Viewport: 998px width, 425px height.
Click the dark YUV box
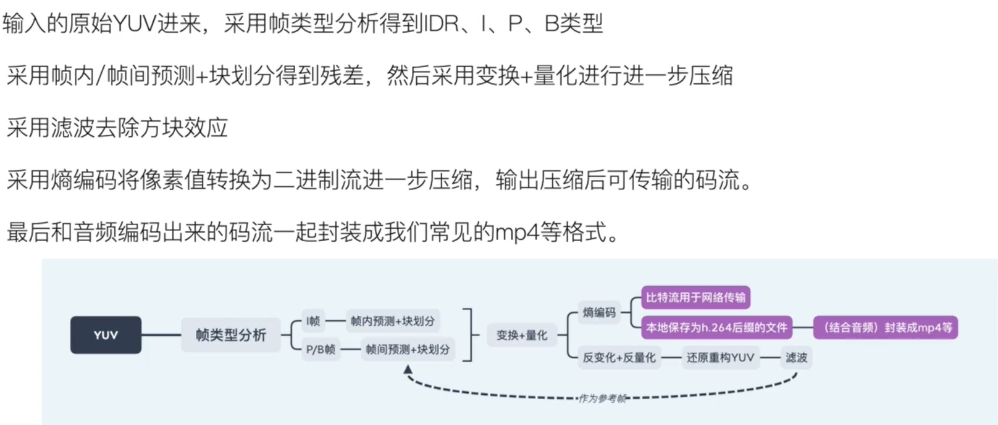tap(106, 335)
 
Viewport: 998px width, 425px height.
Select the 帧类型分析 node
tap(231, 335)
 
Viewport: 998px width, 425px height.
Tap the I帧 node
tap(313, 321)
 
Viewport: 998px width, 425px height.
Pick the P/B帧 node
tap(321, 349)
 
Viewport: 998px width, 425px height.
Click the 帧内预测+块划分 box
tap(393, 321)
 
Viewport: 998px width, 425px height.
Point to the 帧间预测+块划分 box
tap(408, 349)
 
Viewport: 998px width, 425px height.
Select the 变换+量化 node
tap(522, 335)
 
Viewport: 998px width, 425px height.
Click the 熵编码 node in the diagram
tap(599, 312)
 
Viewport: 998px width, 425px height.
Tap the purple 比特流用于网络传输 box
tap(695, 297)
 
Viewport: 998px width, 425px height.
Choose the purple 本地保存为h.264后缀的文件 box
tap(716, 328)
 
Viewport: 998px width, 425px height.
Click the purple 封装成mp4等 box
tap(886, 328)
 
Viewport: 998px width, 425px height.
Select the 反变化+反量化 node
tap(619, 357)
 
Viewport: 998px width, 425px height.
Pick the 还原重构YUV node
tap(721, 357)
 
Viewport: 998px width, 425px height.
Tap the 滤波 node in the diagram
tap(796, 357)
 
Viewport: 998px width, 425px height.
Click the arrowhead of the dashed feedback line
tap(408, 369)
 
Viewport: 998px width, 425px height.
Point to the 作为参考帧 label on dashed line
tap(602, 398)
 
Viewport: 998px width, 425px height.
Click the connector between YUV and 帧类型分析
tap(161, 335)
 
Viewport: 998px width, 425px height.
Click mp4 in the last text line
tap(518, 233)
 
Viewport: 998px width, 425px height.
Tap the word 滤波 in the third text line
tap(73, 128)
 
